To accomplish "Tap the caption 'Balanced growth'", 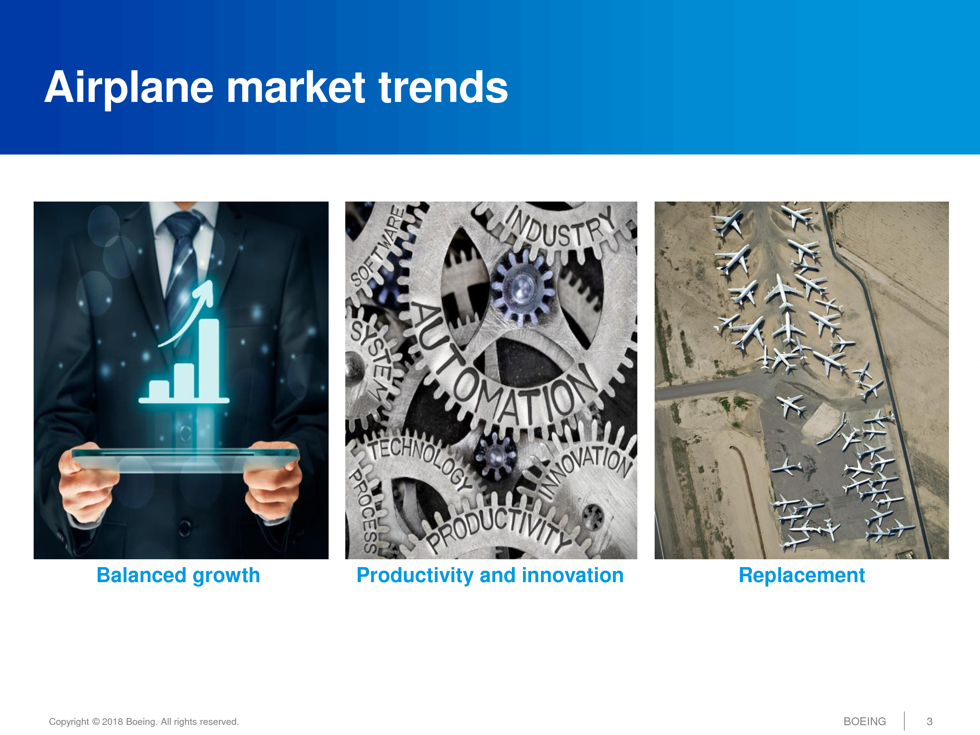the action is pyautogui.click(x=178, y=576).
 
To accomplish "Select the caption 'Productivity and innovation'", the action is pyautogui.click(x=490, y=576).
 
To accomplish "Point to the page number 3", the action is pyautogui.click(x=929, y=722).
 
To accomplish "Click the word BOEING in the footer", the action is pyautogui.click(x=864, y=722).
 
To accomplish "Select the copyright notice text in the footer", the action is pyautogui.click(x=144, y=722).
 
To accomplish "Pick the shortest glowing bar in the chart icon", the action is pyautogui.click(x=159, y=389).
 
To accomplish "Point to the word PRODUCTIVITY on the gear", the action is pyautogui.click(x=498, y=530).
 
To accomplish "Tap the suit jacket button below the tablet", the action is pyautogui.click(x=185, y=527).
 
